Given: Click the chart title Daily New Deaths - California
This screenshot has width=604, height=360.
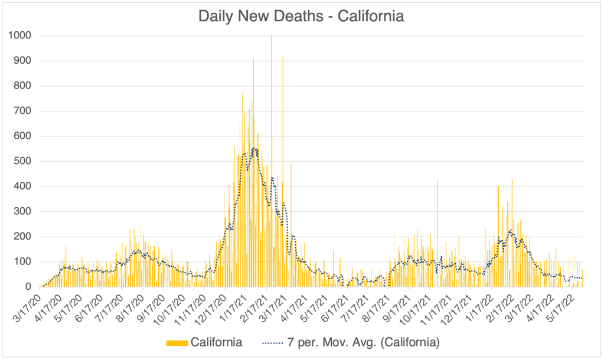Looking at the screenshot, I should point(301,16).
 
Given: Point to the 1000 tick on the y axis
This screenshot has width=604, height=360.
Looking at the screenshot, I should point(20,36).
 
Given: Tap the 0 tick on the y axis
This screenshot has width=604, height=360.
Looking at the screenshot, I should point(28,287).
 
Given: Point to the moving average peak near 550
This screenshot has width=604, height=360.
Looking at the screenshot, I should point(254,149).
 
